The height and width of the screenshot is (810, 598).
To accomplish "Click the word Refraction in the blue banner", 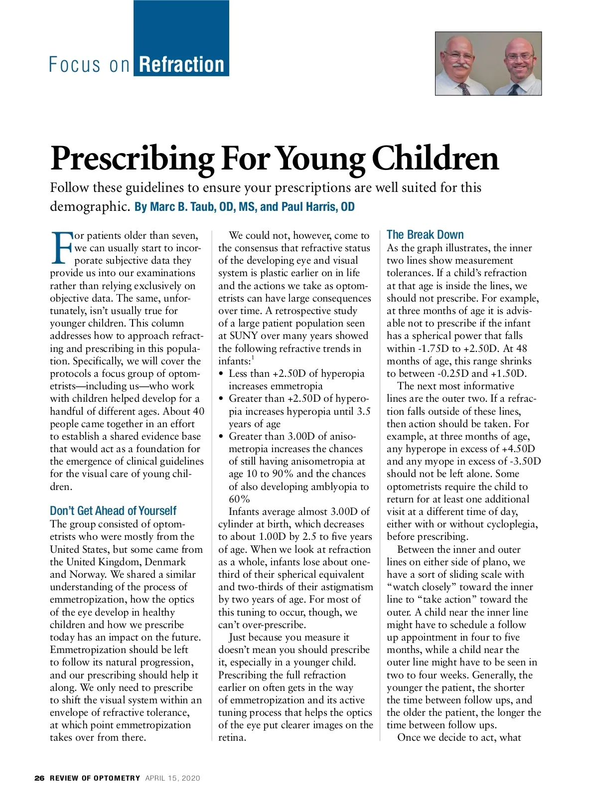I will point(181,65).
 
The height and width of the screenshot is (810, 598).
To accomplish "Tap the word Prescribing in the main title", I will point(132,159).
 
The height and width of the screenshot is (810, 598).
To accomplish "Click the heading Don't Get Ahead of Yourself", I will point(113,511).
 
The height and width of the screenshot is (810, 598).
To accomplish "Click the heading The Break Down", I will point(425,235).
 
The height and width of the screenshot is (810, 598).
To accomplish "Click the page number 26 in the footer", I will point(39,778).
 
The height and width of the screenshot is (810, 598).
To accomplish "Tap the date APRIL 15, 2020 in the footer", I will point(172,778).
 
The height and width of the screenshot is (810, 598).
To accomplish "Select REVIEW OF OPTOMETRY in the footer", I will point(95,778).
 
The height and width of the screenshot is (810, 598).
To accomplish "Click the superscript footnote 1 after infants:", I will point(253,357).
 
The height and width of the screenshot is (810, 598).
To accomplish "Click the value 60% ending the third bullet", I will point(239,499).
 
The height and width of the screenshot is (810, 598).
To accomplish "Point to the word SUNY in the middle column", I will point(243,335).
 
